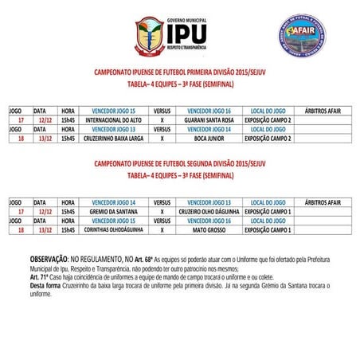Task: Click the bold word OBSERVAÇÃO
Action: tap(52, 260)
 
